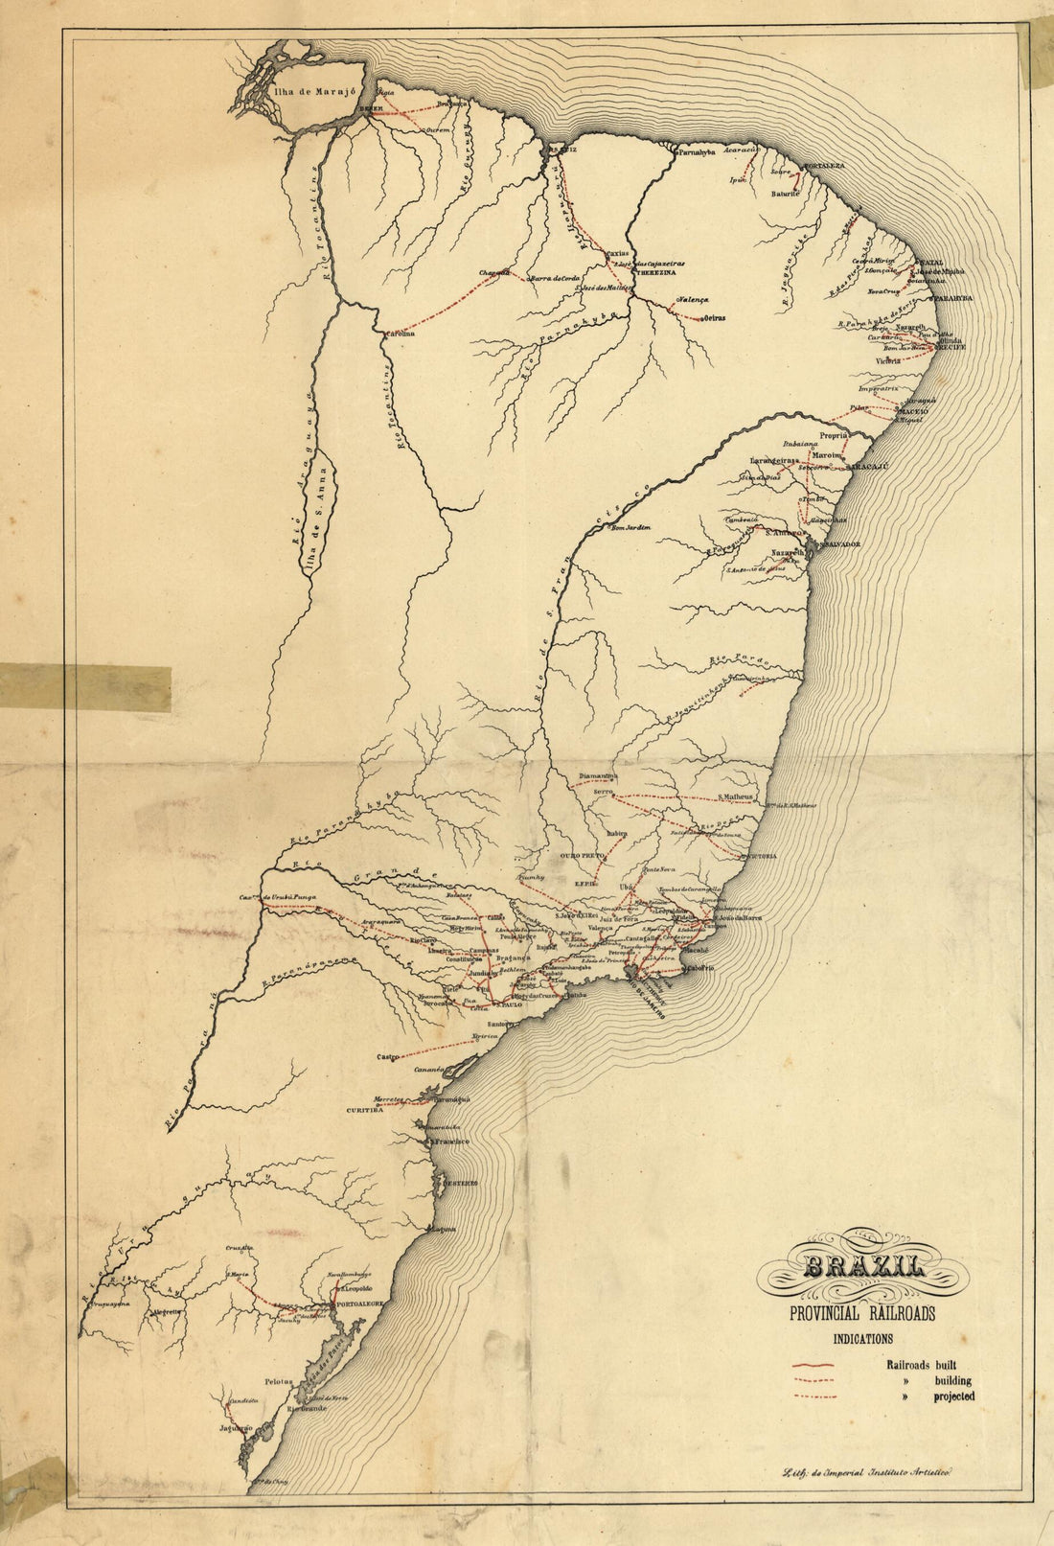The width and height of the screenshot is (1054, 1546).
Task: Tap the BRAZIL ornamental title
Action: click(863, 1268)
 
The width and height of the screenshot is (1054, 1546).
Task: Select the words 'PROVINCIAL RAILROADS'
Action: click(862, 1314)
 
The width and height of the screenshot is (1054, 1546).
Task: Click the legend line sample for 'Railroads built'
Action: click(815, 1365)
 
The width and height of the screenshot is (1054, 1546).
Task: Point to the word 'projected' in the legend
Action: click(954, 1396)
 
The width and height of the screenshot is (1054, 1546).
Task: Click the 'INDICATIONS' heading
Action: click(862, 1339)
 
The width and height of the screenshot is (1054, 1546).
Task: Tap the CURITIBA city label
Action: click(365, 1109)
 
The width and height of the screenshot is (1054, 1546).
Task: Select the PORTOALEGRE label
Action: click(358, 1304)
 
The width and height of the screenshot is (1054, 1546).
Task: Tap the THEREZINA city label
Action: click(652, 271)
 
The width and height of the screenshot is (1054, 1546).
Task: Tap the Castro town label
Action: click(387, 1057)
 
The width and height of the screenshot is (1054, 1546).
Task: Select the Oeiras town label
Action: click(716, 318)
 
